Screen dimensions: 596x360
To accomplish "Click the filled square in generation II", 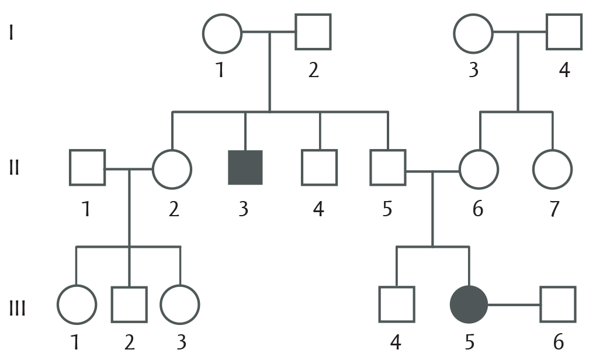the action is (245, 168).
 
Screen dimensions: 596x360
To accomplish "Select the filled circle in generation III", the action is (469, 304).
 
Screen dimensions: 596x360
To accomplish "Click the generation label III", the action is (17, 308).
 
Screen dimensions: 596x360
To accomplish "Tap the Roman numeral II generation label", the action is (14, 168).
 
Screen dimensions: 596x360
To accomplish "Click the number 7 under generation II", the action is (555, 209).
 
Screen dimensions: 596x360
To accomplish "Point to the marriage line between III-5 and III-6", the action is (514, 305).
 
